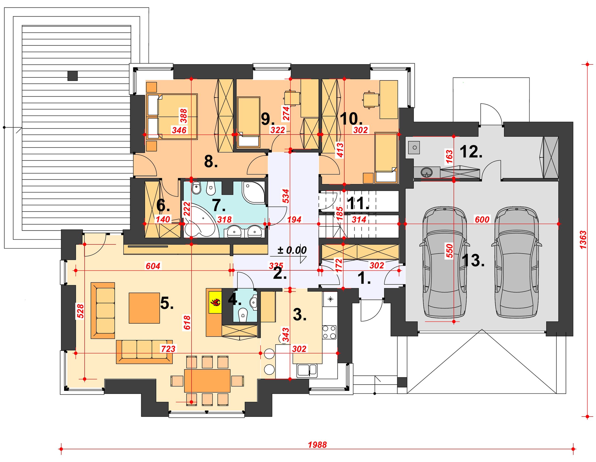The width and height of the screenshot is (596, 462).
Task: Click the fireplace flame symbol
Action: [x=216, y=302]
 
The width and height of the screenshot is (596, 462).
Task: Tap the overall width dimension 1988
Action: [x=317, y=445]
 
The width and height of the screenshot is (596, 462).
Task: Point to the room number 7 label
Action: [x=219, y=205]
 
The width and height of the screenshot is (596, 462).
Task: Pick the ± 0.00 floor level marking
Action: [x=292, y=250]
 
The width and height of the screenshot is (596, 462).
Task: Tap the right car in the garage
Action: [x=517, y=262]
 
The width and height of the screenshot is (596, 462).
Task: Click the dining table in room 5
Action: [x=207, y=380]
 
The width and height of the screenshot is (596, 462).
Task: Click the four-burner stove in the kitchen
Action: [x=329, y=332]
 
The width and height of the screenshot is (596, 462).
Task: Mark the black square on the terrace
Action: [x=73, y=76]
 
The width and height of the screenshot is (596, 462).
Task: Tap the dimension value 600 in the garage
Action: [x=482, y=219]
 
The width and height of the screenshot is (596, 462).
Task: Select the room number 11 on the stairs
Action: [x=358, y=203]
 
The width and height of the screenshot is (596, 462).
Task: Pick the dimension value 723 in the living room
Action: [x=168, y=348]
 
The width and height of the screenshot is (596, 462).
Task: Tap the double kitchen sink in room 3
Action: [x=307, y=370]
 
